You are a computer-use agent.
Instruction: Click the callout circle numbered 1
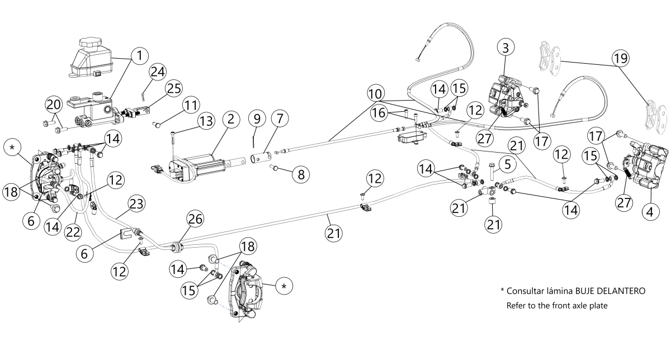tap(140, 56)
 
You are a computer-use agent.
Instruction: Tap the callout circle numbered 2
tap(231, 119)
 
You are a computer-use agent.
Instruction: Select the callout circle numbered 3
tap(505, 48)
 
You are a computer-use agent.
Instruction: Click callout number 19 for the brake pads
tap(621, 58)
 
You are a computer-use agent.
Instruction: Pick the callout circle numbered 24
tap(158, 72)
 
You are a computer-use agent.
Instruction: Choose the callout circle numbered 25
tap(174, 88)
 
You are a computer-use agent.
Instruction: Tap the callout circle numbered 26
tap(195, 219)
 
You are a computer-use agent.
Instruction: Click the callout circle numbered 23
tap(136, 204)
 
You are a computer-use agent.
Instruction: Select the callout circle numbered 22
tap(73, 232)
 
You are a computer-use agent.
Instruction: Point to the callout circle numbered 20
tap(54, 105)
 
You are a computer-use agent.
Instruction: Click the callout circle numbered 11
tap(191, 105)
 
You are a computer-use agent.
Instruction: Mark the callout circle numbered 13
tap(206, 121)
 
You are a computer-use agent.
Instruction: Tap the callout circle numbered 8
tap(301, 174)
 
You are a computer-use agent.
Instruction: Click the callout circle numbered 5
tap(507, 164)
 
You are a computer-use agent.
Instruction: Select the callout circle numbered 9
tap(257, 119)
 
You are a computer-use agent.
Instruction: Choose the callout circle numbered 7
tap(280, 119)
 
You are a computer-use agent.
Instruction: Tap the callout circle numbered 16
tap(379, 113)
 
